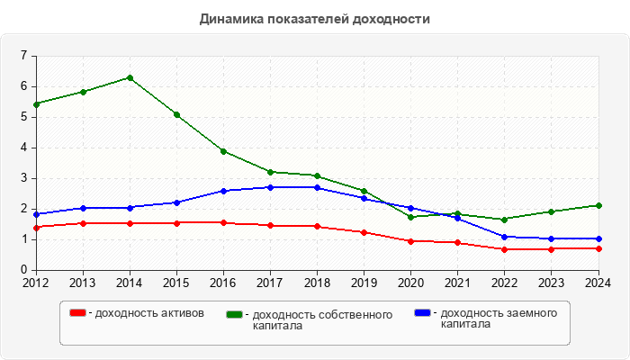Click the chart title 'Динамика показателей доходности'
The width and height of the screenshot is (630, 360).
click(x=314, y=19)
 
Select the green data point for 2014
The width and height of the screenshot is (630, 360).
click(x=130, y=77)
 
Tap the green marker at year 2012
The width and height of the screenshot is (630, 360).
click(x=36, y=104)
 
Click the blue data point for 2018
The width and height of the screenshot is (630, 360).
click(x=317, y=187)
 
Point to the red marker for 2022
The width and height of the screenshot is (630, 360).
click(x=504, y=249)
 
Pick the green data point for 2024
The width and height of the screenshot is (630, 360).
click(x=598, y=205)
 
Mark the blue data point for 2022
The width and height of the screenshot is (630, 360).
click(x=504, y=237)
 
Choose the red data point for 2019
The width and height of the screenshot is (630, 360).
click(x=364, y=232)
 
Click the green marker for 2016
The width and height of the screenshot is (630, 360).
click(x=223, y=151)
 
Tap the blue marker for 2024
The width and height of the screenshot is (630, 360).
click(x=598, y=238)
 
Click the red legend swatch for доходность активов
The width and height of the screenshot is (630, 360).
click(x=78, y=313)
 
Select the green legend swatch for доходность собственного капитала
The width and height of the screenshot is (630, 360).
click(x=235, y=315)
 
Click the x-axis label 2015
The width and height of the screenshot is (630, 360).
click(x=176, y=283)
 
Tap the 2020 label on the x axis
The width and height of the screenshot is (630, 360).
click(x=410, y=283)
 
